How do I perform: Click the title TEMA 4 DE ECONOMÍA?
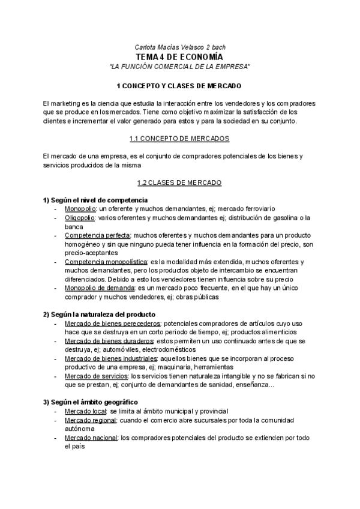coord(180,56)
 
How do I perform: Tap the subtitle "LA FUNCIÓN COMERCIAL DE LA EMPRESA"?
coord(180,65)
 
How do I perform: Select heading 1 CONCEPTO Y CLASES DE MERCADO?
coord(179,86)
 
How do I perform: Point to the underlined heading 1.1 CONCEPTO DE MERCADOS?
coord(179,139)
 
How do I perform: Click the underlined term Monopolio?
coord(80,208)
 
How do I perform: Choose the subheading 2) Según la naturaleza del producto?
coord(99,315)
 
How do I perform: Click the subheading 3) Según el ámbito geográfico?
coord(90,402)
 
